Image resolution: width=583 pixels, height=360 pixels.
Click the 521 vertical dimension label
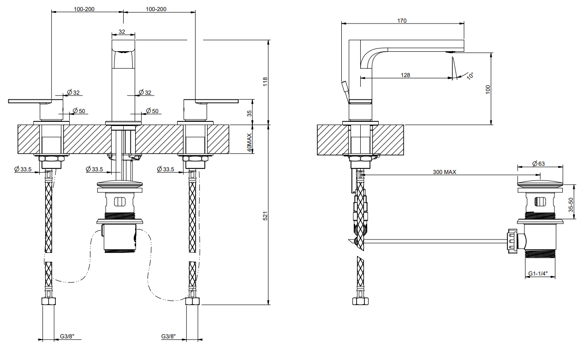click(x=265, y=216)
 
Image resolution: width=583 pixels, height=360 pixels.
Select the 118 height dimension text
click(x=265, y=82)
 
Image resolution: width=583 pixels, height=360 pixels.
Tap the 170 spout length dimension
click(x=402, y=21)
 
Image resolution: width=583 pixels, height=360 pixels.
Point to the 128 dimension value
click(x=405, y=75)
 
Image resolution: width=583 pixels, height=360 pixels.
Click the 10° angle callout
click(x=470, y=76)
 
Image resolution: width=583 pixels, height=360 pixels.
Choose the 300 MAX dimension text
click(x=445, y=172)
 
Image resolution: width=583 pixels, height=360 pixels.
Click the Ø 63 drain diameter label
click(x=539, y=163)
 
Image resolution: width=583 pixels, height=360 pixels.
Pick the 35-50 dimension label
click(x=571, y=205)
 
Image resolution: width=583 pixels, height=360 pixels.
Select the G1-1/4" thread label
click(x=538, y=274)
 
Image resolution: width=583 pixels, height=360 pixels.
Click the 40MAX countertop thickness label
click(x=250, y=143)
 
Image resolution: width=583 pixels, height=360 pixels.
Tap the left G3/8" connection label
click(x=67, y=336)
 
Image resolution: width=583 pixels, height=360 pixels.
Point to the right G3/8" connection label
click(x=168, y=336)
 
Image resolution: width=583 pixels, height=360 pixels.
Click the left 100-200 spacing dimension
click(x=84, y=9)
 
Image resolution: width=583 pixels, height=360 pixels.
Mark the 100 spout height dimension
click(x=488, y=90)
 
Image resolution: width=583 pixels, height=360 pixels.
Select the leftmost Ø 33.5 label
click(x=23, y=169)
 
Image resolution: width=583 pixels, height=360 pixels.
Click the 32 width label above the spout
click(x=122, y=32)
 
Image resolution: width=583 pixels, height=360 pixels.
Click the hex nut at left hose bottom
click(x=49, y=301)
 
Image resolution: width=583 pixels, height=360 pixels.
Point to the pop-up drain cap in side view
click(x=540, y=183)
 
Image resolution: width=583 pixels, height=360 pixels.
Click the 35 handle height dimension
click(x=250, y=114)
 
